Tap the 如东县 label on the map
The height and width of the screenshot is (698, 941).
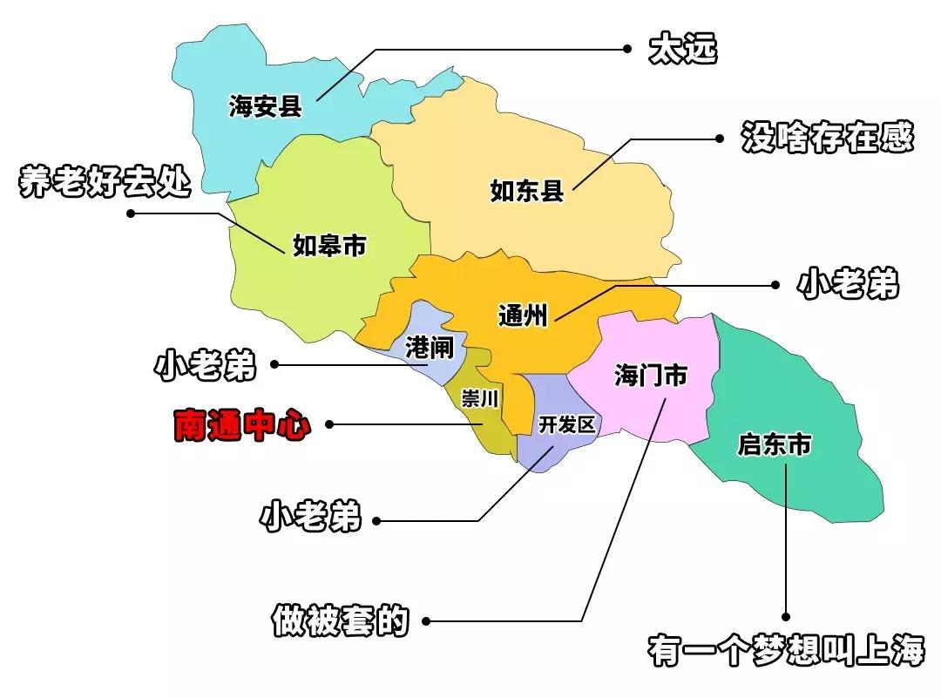pyautogui.click(x=527, y=191)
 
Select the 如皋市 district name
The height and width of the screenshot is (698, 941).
pyautogui.click(x=328, y=246)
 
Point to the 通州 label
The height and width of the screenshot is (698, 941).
pyautogui.click(x=523, y=315)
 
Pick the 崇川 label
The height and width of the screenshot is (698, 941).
pyautogui.click(x=480, y=400)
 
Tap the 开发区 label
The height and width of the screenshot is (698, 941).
pyautogui.click(x=566, y=425)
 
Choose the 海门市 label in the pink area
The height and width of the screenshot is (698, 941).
pyautogui.click(x=650, y=376)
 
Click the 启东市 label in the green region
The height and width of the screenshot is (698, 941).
pyautogui.click(x=775, y=446)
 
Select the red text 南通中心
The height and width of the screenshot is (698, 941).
pyautogui.click(x=241, y=425)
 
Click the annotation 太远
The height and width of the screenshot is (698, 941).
pyautogui.click(x=683, y=50)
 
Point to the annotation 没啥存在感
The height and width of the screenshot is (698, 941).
pyautogui.click(x=827, y=138)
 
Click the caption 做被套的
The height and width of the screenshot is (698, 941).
pyautogui.click(x=340, y=620)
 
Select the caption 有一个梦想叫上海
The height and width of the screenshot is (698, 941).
pyautogui.click(x=786, y=650)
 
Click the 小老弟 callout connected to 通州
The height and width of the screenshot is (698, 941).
pyautogui.click(x=848, y=284)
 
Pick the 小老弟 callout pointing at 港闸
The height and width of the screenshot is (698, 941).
pyautogui.click(x=206, y=366)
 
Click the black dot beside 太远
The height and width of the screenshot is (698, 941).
pyautogui.click(x=626, y=50)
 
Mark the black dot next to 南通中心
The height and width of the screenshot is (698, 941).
pyautogui.click(x=329, y=425)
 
